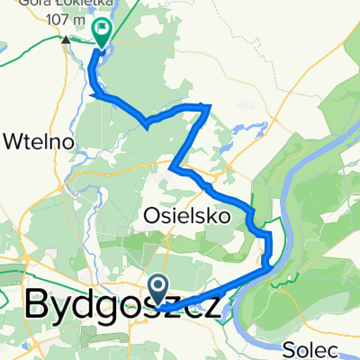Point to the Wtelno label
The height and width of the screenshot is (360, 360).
(x=36, y=141)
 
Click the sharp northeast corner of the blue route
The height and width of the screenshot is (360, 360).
(x=209, y=106)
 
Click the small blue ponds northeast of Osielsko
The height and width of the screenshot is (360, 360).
(x=225, y=144)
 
